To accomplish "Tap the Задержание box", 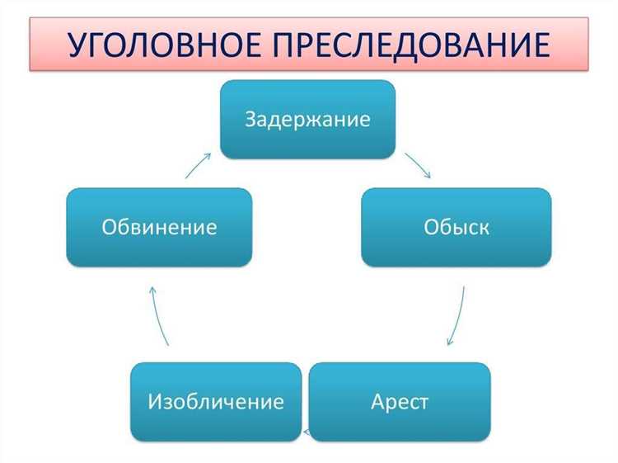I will (x=307, y=119).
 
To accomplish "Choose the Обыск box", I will (x=456, y=227).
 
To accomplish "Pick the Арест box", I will (x=400, y=402).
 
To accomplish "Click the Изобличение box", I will (x=216, y=402).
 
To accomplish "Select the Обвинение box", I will (x=159, y=227).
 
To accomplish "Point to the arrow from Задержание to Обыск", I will (x=418, y=166).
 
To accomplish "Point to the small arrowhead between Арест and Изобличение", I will (x=307, y=432).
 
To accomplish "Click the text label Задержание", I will (x=307, y=119).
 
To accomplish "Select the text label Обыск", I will (x=456, y=227).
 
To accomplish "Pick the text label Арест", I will (x=400, y=403).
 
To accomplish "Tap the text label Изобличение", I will (x=216, y=403).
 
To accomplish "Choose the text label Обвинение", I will (x=159, y=227).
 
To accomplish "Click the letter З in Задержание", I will (x=250, y=119).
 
